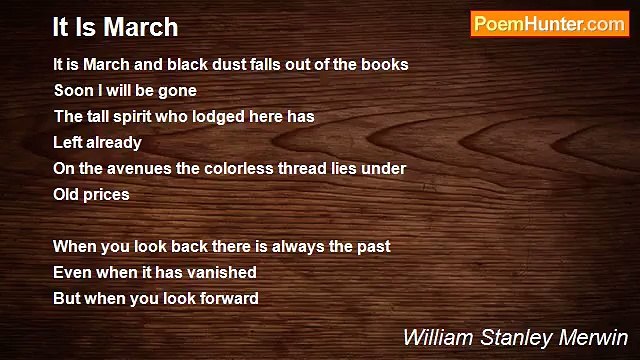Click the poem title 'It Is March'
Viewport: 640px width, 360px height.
(116, 26)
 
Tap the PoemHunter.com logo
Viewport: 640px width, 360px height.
(549, 25)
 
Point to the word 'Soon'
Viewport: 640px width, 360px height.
(72, 90)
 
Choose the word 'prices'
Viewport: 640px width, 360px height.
(107, 194)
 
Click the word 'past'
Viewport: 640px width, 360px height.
(372, 246)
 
